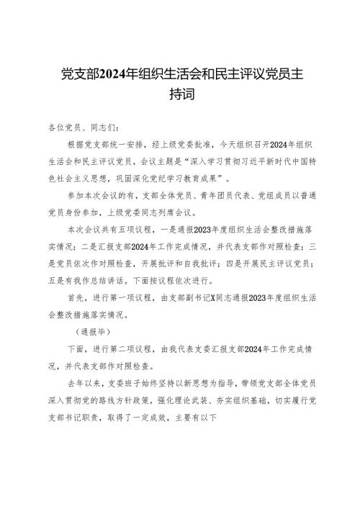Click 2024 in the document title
119,75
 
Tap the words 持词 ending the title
179,94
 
